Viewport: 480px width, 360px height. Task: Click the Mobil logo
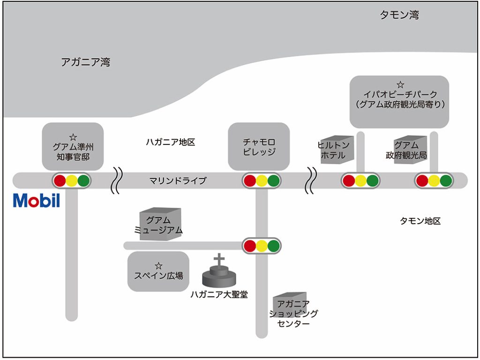[37, 200]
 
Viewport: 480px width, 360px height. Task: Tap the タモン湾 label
[399, 15]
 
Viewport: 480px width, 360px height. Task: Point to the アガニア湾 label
[85, 62]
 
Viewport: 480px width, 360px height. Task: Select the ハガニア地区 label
[170, 142]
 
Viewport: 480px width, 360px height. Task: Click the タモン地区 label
[420, 221]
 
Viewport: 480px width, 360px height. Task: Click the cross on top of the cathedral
[218, 259]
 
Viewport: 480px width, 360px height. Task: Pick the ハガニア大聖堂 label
[219, 294]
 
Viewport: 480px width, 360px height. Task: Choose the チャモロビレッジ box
[259, 146]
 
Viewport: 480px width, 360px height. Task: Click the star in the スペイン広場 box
[158, 266]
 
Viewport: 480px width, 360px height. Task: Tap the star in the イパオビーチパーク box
[400, 85]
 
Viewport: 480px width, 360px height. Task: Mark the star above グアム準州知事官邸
[73, 137]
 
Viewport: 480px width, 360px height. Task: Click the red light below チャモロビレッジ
[249, 180]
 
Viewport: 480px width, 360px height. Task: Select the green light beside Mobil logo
[83, 180]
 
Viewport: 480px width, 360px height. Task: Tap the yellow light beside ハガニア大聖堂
[262, 245]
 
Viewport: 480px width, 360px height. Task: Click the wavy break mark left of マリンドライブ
[116, 180]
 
